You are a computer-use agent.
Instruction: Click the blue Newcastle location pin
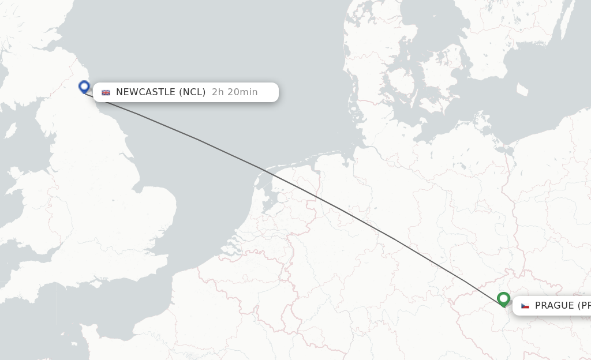(x=84, y=87)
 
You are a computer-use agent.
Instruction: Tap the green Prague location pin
(x=504, y=299)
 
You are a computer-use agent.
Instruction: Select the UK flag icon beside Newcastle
(x=106, y=92)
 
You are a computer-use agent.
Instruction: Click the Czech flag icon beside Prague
(x=525, y=306)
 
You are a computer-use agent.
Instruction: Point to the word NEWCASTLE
(x=146, y=92)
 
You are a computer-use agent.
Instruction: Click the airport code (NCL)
(x=192, y=92)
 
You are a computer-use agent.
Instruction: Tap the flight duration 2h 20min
(x=234, y=92)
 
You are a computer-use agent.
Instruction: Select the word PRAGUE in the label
(x=554, y=306)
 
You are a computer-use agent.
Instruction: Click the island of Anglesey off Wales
(x=16, y=173)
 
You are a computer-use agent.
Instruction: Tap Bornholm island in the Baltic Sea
(x=523, y=90)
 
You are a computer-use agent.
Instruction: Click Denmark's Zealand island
(x=447, y=87)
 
